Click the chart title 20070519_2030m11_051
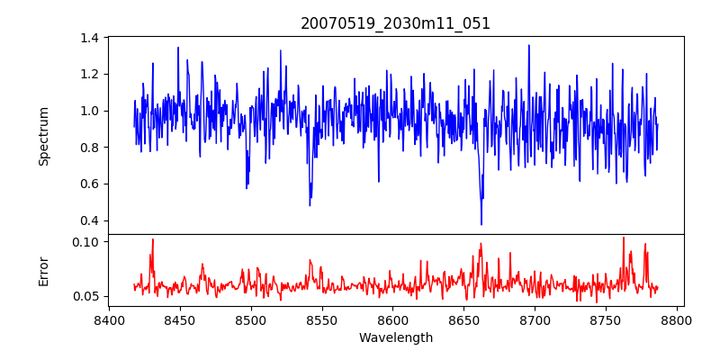395,23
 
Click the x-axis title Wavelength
395,338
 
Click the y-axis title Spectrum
43,136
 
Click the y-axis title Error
43,270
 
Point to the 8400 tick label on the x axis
109,319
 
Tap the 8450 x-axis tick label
179,319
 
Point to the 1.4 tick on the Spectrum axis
90,38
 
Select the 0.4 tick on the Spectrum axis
90,220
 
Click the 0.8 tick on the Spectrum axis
90,148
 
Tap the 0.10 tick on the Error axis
86,242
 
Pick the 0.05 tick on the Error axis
86,296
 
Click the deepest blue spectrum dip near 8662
481,224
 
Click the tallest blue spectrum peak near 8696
528,46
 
